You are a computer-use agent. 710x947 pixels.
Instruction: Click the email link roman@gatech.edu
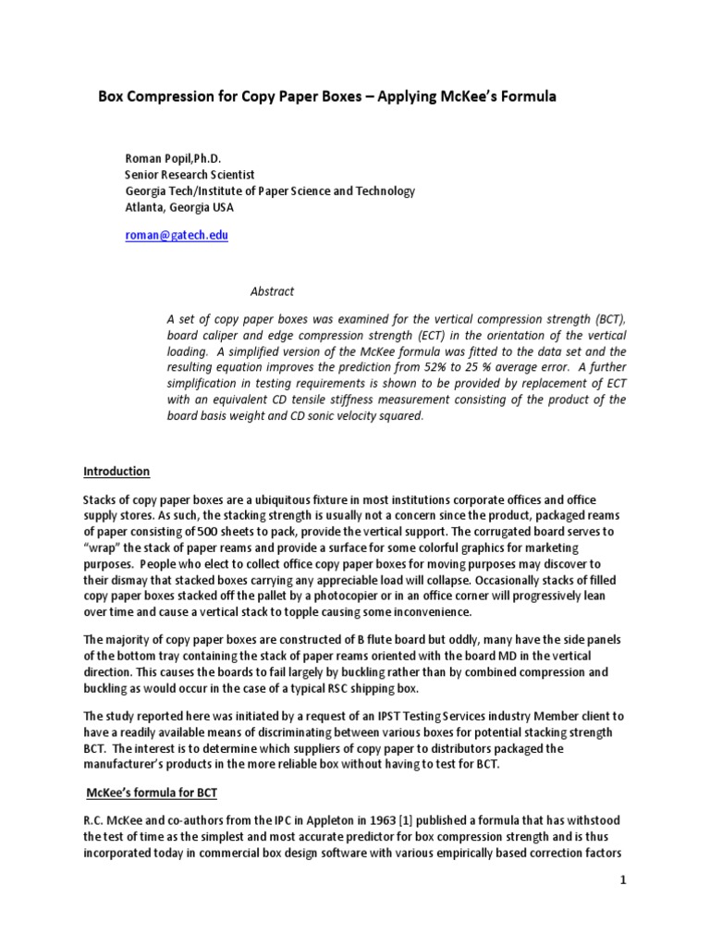coord(176,236)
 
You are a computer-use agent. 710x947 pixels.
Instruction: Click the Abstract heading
coord(273,290)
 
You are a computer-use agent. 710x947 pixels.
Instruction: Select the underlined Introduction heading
coord(116,471)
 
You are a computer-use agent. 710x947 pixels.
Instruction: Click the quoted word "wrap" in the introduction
coord(103,548)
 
